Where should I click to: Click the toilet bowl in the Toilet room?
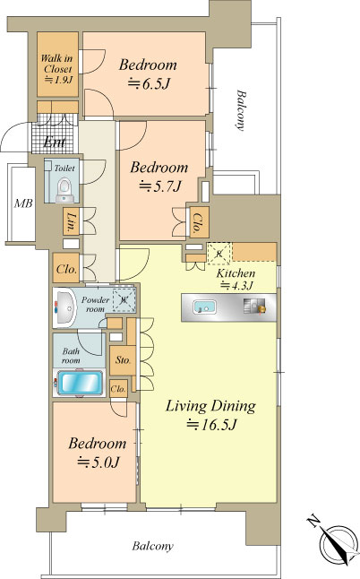click(64, 189)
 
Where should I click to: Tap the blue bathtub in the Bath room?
click(80, 383)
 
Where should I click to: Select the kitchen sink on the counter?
click(205, 307)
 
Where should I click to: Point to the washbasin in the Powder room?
click(65, 307)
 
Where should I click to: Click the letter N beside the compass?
click(313, 522)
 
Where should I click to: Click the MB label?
click(23, 203)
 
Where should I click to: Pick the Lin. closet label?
click(71, 221)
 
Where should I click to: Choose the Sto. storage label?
click(123, 360)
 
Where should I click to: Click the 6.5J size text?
click(149, 84)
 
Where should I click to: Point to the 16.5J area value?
click(210, 425)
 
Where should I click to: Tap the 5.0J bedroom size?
click(99, 462)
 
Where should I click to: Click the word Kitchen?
click(236, 273)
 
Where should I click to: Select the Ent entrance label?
click(55, 142)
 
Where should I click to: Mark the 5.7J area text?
click(159, 186)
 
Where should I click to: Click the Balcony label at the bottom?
click(153, 546)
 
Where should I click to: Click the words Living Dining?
click(210, 406)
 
